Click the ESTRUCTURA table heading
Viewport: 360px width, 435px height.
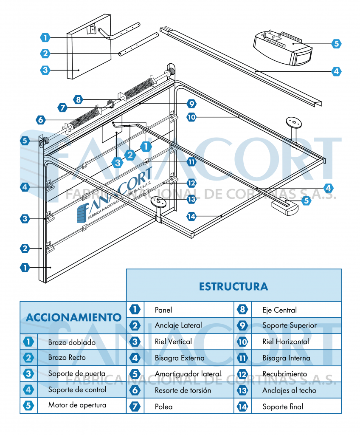(233, 286)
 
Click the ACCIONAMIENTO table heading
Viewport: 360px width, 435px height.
(73, 317)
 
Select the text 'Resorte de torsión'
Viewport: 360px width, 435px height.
(183, 390)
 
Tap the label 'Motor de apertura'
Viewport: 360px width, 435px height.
(77, 405)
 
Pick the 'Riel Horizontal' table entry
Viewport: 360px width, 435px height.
(285, 342)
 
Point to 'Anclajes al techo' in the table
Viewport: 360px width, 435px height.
(289, 390)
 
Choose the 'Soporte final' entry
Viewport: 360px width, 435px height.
(282, 407)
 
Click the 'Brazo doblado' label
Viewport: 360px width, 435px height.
(72, 342)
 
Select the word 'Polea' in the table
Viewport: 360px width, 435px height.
(163, 407)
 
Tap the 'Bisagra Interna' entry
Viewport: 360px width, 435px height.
(286, 358)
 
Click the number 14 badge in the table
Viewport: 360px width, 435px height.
(242, 407)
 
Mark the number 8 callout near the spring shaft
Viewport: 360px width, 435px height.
(78, 100)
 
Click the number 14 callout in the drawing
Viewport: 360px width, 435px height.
(192, 216)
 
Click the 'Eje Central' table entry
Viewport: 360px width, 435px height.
(279, 310)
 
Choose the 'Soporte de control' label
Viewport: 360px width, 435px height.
(77, 390)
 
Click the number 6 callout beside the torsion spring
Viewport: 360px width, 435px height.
(41, 120)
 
